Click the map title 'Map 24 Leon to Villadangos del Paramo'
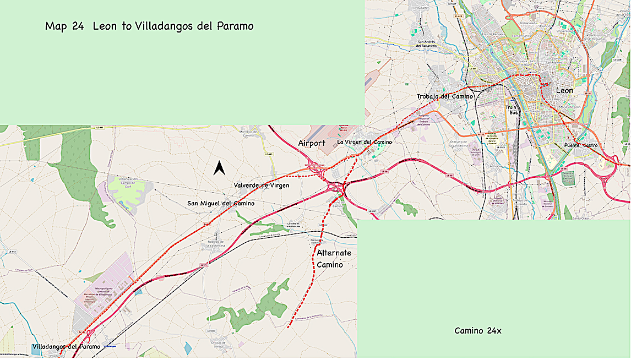point(149,26)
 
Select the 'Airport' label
point(312,143)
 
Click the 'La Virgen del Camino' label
point(365,142)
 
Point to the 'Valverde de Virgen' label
point(261,186)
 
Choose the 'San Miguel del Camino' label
point(221,204)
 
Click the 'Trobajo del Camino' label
point(445,96)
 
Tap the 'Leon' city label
point(564,90)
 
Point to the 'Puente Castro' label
point(581,145)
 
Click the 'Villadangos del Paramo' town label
point(66,347)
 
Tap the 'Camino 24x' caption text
point(477,331)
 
